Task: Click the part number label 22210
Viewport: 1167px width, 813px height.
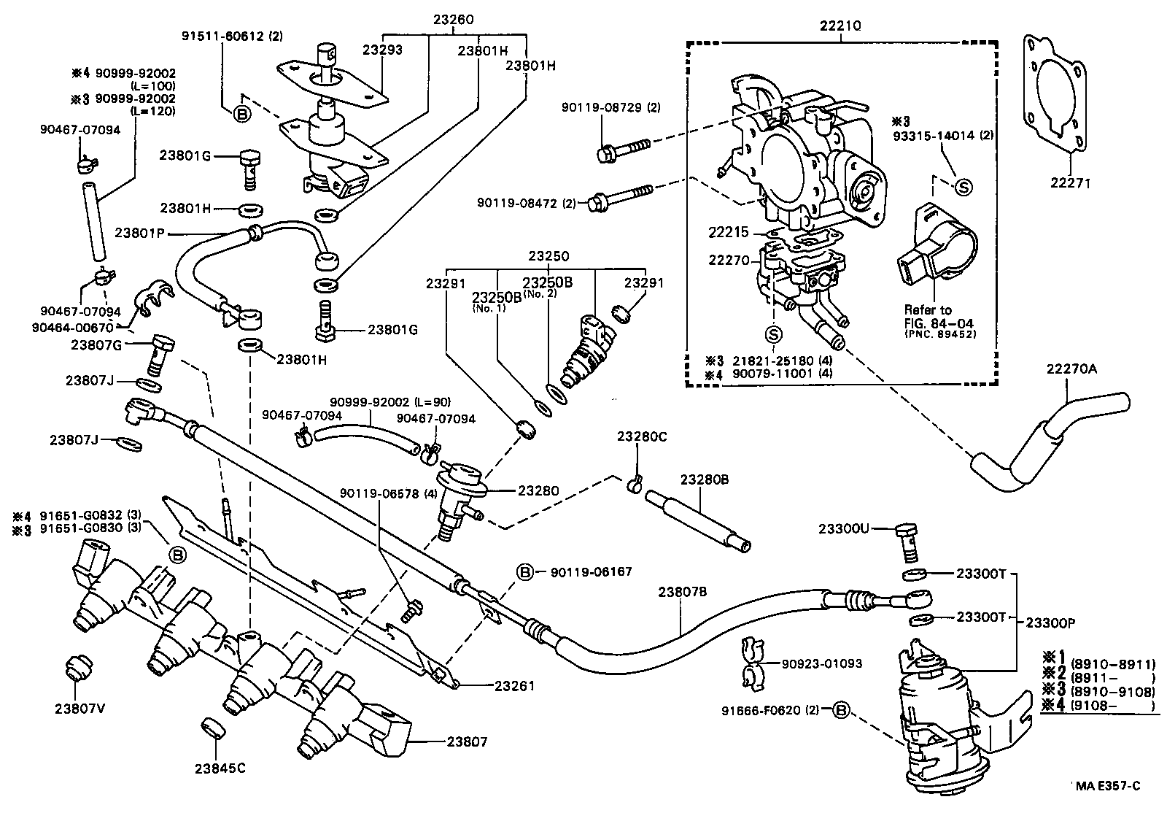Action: [840, 26]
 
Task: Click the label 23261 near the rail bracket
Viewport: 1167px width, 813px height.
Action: [514, 685]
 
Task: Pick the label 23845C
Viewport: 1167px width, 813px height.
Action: [220, 767]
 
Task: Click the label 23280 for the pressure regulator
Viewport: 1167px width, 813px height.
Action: [538, 490]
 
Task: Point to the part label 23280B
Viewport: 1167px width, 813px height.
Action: [705, 479]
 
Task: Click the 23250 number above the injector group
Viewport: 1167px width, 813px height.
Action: [548, 257]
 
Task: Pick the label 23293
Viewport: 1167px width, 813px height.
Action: [382, 50]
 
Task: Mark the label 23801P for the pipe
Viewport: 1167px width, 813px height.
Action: [139, 234]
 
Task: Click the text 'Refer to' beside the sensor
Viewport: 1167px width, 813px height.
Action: [928, 309]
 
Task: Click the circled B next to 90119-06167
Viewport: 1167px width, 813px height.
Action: [526, 572]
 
